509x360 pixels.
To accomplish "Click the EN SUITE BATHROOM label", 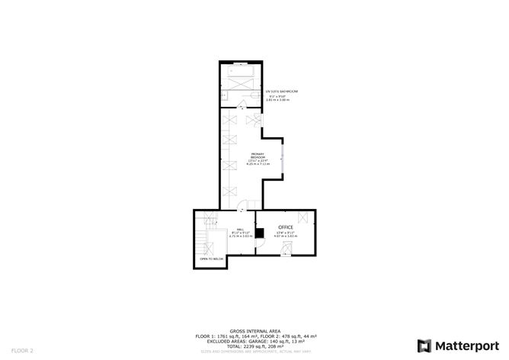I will [283, 92].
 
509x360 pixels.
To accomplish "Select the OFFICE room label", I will [286, 227].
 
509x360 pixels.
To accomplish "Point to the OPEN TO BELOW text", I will [211, 259].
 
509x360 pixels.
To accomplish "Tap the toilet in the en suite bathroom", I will [225, 97].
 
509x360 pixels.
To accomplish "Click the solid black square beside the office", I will [259, 233].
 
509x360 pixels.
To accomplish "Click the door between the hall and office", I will [257, 219].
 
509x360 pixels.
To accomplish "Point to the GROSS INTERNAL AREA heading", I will [254, 331].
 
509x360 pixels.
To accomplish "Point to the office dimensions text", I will [286, 235].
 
